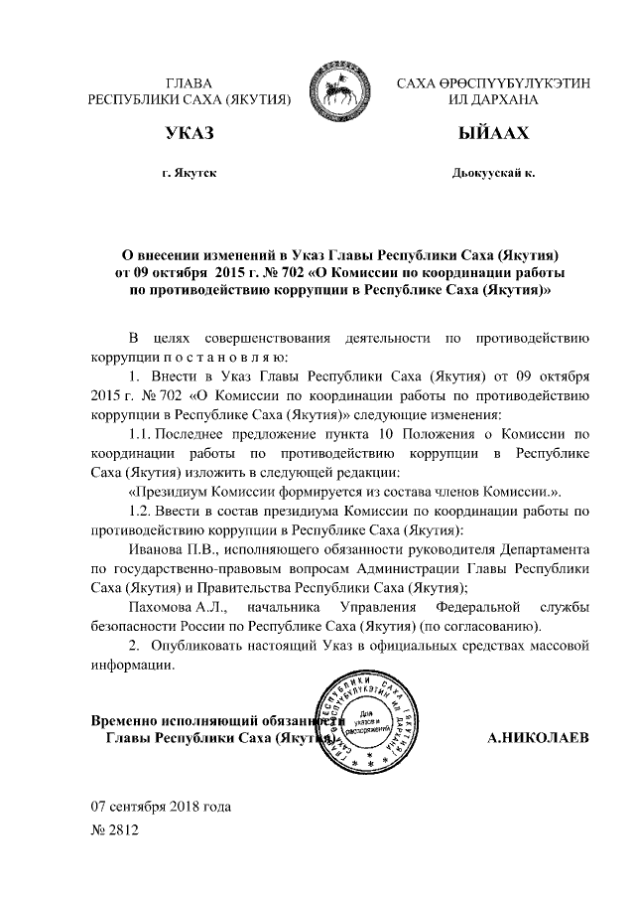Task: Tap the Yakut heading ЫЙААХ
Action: point(493,133)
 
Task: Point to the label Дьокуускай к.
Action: point(493,173)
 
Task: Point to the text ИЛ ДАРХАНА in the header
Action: point(493,99)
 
